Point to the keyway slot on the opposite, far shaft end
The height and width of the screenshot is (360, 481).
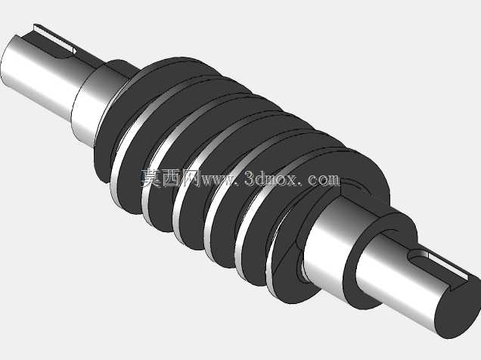[x=54, y=39]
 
